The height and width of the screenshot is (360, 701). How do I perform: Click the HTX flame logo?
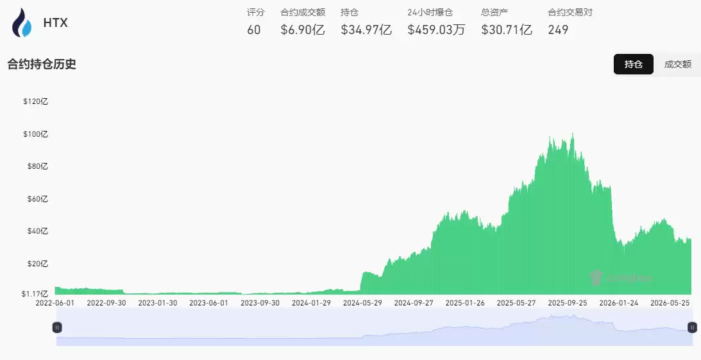(x=21, y=22)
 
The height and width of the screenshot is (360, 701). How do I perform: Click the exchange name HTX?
(x=55, y=23)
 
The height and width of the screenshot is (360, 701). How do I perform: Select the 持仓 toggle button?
(x=633, y=64)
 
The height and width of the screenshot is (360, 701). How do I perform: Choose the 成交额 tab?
(x=677, y=64)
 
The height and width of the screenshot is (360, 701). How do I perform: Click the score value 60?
(x=253, y=30)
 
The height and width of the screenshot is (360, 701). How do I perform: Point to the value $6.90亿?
(x=303, y=30)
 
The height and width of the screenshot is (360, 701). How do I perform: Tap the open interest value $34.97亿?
(x=366, y=30)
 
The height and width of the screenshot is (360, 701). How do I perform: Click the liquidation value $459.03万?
(x=436, y=30)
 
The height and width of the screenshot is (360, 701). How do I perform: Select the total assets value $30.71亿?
(x=507, y=30)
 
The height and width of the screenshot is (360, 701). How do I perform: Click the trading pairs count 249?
(x=558, y=30)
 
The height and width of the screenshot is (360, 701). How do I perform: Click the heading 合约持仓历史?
(x=42, y=64)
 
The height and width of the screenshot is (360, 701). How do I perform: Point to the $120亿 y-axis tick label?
(x=35, y=101)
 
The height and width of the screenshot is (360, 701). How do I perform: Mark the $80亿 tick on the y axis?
(x=38, y=166)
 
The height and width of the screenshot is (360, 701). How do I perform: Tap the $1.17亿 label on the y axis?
(x=35, y=294)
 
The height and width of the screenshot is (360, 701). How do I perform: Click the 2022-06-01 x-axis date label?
(x=55, y=303)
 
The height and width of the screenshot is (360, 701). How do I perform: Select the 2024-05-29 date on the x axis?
(x=362, y=303)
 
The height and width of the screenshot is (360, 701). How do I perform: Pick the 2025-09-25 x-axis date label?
(x=568, y=303)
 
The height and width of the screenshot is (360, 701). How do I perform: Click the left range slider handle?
(x=57, y=327)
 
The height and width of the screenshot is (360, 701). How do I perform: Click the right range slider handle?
(x=692, y=327)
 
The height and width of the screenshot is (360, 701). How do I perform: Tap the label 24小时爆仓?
(x=430, y=13)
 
